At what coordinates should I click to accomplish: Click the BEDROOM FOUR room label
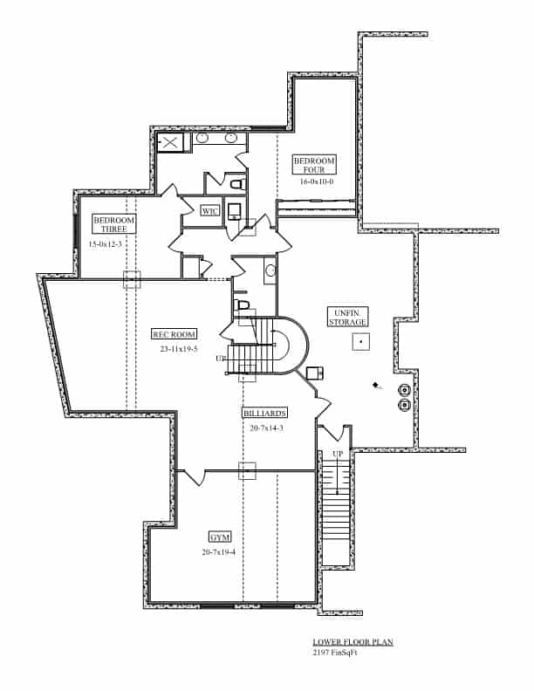314,165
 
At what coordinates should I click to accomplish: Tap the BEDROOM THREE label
114,224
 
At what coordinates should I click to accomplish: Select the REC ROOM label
175,334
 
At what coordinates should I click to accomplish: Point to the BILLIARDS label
266,413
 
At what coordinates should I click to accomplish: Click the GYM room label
219,537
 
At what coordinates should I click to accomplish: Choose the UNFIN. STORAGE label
347,317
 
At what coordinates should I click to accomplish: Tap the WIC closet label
209,211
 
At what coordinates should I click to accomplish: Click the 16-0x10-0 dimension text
317,182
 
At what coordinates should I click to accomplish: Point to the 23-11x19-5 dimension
179,349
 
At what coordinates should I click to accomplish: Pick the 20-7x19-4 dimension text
218,552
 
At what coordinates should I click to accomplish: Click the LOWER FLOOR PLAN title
353,642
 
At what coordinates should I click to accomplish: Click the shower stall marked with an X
169,142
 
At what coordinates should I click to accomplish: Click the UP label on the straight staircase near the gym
337,455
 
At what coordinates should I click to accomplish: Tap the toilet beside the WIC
236,185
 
